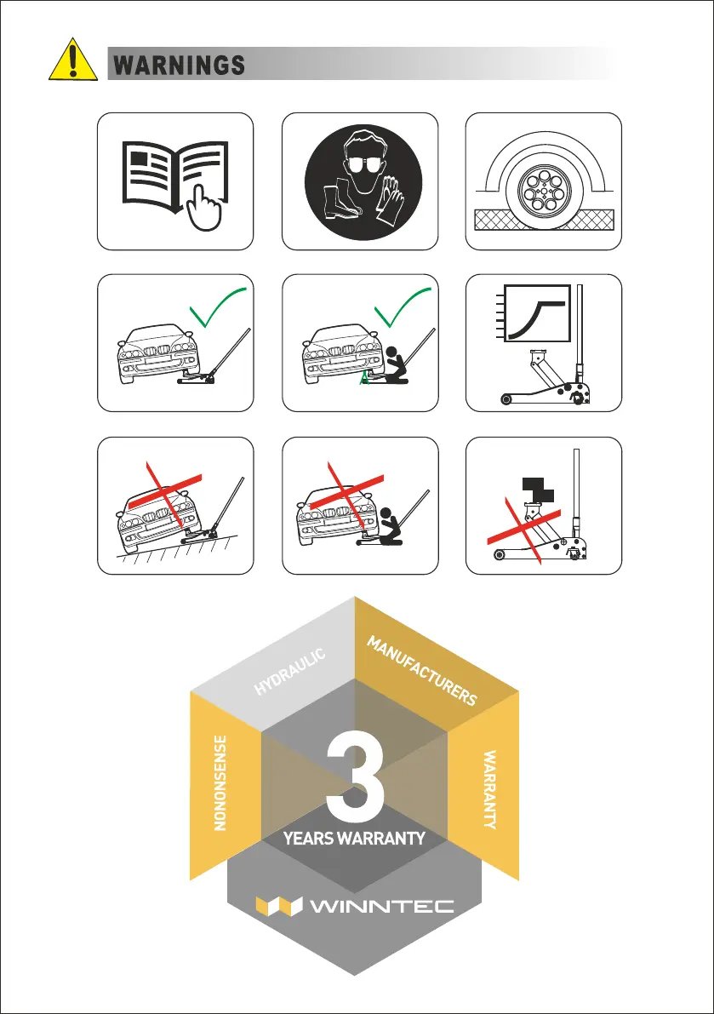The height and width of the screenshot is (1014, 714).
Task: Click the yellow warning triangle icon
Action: (x=73, y=60)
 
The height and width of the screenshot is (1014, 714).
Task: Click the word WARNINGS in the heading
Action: (x=179, y=66)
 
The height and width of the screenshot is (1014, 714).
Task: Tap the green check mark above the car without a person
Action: (x=217, y=307)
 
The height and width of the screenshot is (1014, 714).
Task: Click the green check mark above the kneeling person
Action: (x=402, y=307)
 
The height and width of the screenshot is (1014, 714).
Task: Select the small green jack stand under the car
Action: (x=365, y=377)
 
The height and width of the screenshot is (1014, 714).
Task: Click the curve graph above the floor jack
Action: (x=537, y=313)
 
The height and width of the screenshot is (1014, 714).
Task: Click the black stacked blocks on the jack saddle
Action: (x=538, y=490)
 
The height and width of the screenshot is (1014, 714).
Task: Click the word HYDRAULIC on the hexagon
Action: (x=289, y=672)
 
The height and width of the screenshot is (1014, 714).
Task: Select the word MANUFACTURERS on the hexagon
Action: (x=422, y=671)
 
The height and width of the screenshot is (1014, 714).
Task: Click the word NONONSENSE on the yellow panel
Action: (x=220, y=782)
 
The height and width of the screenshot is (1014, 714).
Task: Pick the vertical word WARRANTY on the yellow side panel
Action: (x=490, y=789)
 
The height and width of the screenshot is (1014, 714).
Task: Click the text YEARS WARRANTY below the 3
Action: (x=354, y=838)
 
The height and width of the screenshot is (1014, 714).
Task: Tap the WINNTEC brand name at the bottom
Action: (x=382, y=906)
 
